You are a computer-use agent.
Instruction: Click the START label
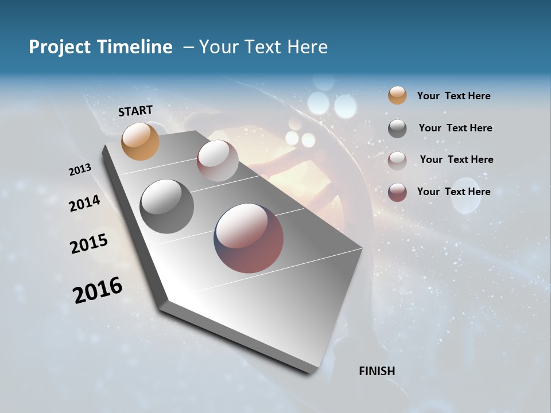pyautogui.click(x=135, y=111)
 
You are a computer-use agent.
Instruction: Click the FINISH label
pyautogui.click(x=377, y=371)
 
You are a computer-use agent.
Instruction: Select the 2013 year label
pyautogui.click(x=80, y=170)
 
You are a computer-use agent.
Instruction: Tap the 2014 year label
pyautogui.click(x=84, y=203)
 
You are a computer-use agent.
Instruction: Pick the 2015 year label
pyautogui.click(x=89, y=244)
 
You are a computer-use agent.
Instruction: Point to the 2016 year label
pyautogui.click(x=98, y=290)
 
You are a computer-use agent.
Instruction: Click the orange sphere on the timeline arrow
pyautogui.click(x=140, y=141)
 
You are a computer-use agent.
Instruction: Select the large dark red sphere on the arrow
pyautogui.click(x=249, y=238)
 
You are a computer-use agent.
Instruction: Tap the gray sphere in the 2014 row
pyautogui.click(x=167, y=206)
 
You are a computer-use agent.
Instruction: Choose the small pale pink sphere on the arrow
pyautogui.click(x=218, y=161)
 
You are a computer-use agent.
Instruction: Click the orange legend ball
pyautogui.click(x=397, y=95)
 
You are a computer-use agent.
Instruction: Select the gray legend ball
pyautogui.click(x=397, y=128)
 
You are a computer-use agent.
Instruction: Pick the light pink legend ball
pyautogui.click(x=397, y=160)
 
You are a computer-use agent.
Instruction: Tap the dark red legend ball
pyautogui.click(x=397, y=192)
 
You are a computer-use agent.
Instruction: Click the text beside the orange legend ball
pyautogui.click(x=453, y=96)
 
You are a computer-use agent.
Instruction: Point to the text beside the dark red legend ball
pyautogui.click(x=453, y=192)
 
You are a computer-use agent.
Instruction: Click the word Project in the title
pyautogui.click(x=59, y=47)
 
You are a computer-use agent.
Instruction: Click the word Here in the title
pyautogui.click(x=307, y=47)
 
